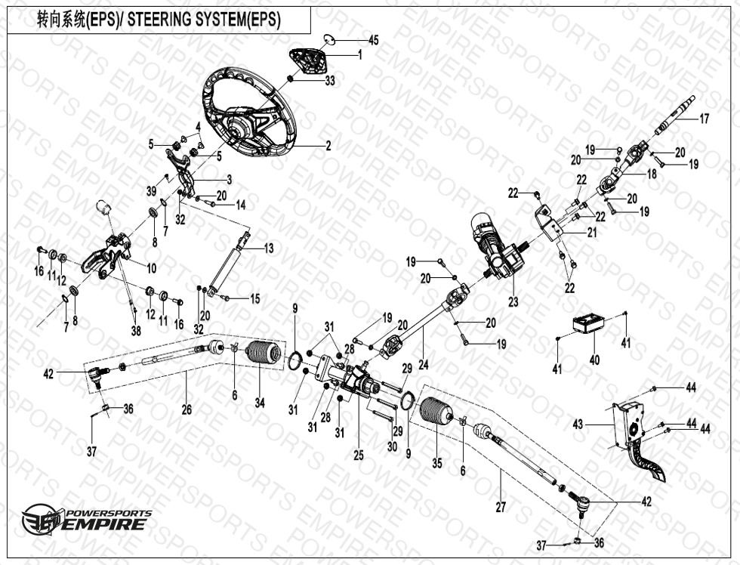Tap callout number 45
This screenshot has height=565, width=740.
[x=373, y=39]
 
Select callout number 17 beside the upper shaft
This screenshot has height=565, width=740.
[x=704, y=119]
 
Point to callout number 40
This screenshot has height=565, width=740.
[x=594, y=360]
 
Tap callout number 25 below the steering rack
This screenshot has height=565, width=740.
[x=358, y=455]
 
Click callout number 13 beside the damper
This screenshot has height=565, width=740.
[x=268, y=248]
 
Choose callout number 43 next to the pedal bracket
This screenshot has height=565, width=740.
[x=578, y=425]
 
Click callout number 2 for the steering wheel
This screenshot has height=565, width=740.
[x=328, y=147]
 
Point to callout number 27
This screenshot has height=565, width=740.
[x=501, y=508]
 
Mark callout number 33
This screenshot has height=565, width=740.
[x=329, y=82]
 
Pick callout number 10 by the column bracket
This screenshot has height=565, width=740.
[x=151, y=267]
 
